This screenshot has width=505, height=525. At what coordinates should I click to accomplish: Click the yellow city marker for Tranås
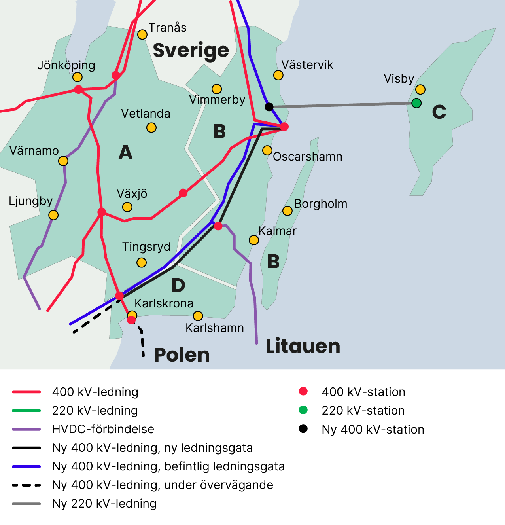click(x=142, y=34)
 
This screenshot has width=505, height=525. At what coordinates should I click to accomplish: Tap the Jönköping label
click(x=66, y=65)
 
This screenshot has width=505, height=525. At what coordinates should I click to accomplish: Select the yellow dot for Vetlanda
click(x=151, y=127)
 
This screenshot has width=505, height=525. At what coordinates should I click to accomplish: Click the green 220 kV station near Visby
click(x=416, y=103)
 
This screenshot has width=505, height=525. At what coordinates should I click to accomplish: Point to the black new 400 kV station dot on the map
click(x=269, y=107)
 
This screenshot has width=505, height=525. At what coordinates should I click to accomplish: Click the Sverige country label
click(x=191, y=50)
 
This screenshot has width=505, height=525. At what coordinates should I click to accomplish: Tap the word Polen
click(x=182, y=354)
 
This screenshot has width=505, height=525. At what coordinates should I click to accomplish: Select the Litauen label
click(x=303, y=346)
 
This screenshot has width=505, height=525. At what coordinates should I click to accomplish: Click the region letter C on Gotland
click(x=439, y=112)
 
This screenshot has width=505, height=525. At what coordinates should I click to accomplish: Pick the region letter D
click(x=178, y=285)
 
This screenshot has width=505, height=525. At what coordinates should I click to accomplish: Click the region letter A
click(x=125, y=152)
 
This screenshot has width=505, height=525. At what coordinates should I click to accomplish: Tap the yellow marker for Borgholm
click(x=287, y=211)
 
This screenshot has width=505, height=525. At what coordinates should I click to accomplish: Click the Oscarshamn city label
click(x=308, y=157)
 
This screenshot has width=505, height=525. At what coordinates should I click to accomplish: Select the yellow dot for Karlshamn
click(x=198, y=316)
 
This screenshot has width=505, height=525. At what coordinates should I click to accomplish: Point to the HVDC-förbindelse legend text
click(x=103, y=429)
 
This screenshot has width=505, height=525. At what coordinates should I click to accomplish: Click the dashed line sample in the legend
click(x=26, y=485)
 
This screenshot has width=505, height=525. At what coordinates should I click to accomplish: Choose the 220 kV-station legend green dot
click(x=303, y=410)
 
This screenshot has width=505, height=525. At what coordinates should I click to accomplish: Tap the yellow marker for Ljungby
click(x=53, y=215)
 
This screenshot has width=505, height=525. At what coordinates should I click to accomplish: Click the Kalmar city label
click(x=277, y=231)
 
